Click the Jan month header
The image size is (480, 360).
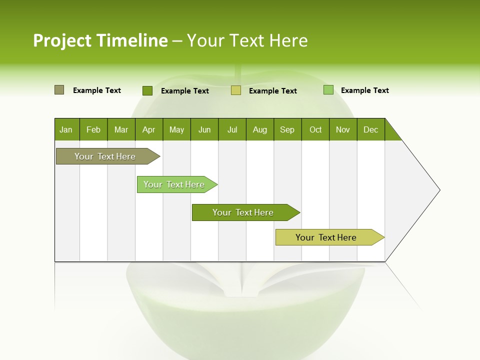point(66,129)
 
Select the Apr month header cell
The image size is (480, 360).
point(148,129)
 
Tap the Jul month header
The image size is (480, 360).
point(232,129)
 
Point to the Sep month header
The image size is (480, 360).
point(287,129)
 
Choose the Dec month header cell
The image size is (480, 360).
point(370,129)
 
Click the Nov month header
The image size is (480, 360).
point(342,129)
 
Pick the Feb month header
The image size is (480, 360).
point(93,129)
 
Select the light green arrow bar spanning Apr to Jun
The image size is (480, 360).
point(175,184)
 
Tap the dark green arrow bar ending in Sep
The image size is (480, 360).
point(244,212)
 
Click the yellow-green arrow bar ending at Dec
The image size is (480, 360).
point(327,237)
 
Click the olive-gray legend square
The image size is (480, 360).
point(59,90)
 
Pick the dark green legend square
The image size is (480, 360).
point(147,90)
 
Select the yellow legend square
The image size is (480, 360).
point(236,90)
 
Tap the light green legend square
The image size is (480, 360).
point(328,90)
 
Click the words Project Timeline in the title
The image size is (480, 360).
point(100,40)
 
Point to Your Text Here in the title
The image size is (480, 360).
point(247,40)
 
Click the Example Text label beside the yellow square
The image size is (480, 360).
point(272,91)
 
